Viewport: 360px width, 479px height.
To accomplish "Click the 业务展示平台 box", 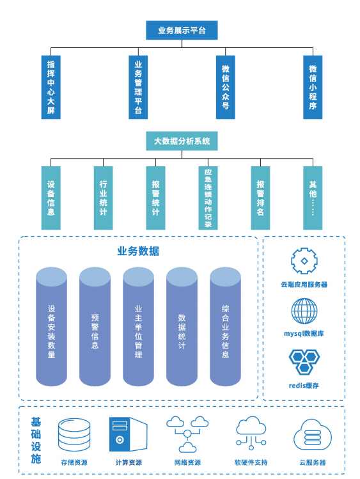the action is click(182, 30).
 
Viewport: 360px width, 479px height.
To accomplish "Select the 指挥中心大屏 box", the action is click(51, 87).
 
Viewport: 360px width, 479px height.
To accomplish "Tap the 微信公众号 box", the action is click(225, 87).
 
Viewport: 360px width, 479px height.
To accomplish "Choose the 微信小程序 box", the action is click(313, 87).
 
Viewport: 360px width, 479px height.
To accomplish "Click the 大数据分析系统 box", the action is click(182, 141).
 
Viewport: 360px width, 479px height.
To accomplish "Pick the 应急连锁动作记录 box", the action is click(208, 198).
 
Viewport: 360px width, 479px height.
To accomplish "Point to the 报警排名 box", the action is click(260, 198).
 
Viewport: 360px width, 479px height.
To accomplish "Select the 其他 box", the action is click(313, 198).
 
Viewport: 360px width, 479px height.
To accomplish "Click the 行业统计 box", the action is click(103, 198).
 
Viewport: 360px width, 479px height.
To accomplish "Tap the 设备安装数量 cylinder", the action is click(51, 327).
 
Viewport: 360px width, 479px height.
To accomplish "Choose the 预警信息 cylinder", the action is click(95, 327).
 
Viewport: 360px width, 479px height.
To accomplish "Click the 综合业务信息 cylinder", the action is click(225, 327).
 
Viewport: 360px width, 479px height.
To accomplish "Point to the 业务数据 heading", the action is click(138, 251).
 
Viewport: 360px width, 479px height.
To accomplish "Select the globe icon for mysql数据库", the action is click(304, 311).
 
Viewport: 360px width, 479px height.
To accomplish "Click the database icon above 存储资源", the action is click(74, 435).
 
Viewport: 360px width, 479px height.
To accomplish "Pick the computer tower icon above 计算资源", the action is click(129, 434).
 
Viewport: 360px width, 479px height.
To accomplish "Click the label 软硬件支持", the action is click(251, 462).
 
